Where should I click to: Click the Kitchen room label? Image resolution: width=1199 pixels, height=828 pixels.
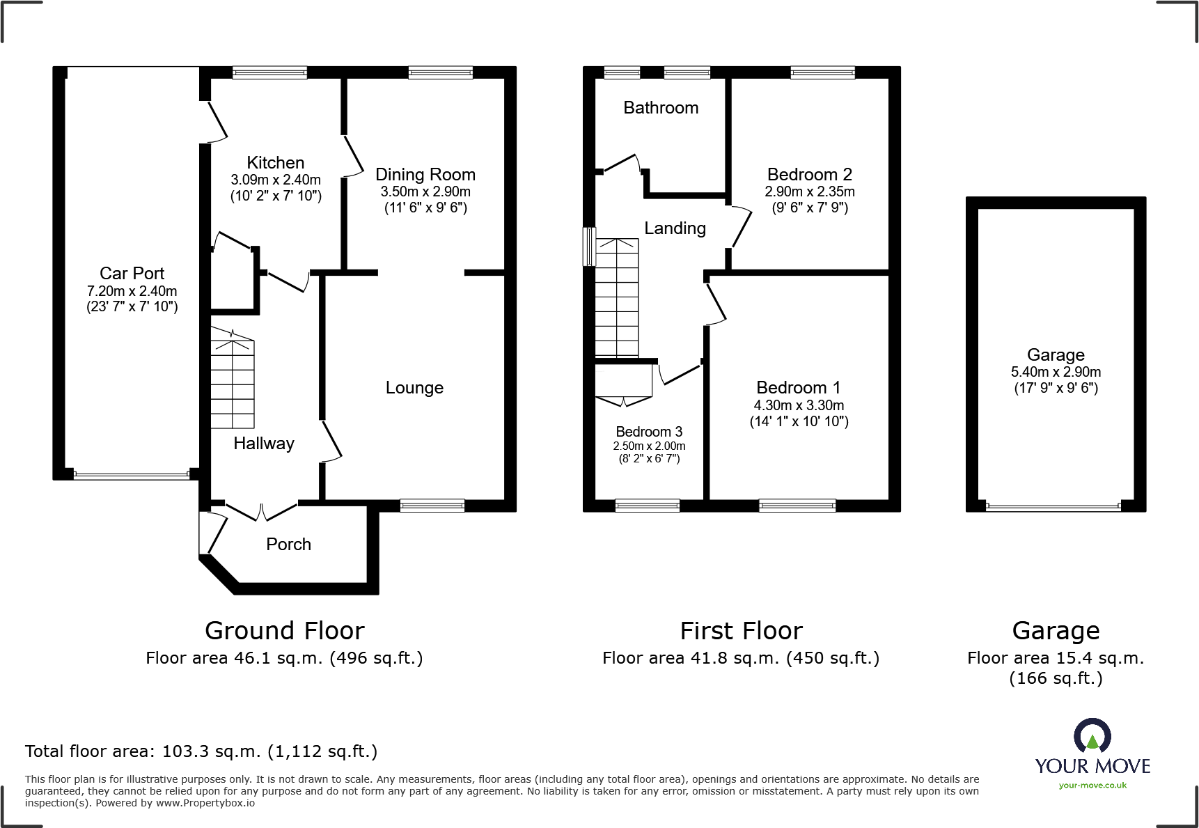[276, 162]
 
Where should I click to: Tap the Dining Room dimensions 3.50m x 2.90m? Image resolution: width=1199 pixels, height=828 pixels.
[425, 192]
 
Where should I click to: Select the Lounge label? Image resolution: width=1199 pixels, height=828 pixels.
[414, 388]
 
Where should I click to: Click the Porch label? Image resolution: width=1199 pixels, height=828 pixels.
[288, 544]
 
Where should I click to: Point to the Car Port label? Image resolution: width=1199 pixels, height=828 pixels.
[132, 273]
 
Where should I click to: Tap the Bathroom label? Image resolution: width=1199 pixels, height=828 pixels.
[661, 108]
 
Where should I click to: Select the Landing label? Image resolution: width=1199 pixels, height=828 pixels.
[675, 228]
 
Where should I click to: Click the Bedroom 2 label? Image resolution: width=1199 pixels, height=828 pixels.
[809, 174]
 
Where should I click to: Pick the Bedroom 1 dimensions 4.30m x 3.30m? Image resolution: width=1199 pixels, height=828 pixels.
[799, 405]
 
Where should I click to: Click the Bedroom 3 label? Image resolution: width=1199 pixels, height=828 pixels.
[649, 432]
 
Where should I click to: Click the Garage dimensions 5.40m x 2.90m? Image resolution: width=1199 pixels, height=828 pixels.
[1056, 372]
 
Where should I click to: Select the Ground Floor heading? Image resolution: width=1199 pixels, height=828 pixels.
[284, 631]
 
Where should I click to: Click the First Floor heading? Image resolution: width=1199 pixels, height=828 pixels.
[741, 631]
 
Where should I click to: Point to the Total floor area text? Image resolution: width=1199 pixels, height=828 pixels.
[201, 751]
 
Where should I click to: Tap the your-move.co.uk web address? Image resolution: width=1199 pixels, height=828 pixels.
[1092, 786]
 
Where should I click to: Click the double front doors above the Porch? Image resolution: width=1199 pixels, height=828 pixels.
[262, 512]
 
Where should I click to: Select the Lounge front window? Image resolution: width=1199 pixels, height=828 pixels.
[432, 506]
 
